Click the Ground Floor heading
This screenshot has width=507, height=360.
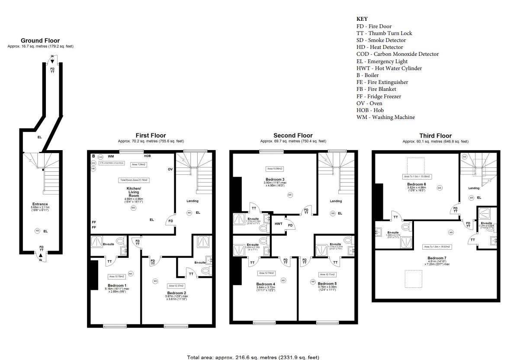(x=40, y=41)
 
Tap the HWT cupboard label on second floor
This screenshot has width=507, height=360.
(x=279, y=224)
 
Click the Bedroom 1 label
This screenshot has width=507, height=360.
(x=116, y=285)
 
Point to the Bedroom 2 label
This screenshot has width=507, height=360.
(x=176, y=293)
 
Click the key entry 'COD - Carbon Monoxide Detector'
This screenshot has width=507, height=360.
(x=397, y=54)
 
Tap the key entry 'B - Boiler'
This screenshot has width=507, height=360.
(x=367, y=75)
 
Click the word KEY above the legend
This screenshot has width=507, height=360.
(x=362, y=19)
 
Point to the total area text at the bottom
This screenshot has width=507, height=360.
(x=253, y=357)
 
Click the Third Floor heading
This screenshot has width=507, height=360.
(x=435, y=135)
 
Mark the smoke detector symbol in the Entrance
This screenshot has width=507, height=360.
(x=38, y=231)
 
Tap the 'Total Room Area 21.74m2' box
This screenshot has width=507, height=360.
(x=133, y=180)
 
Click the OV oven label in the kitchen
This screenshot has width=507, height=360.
(x=170, y=169)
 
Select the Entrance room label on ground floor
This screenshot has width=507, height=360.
(x=40, y=204)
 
